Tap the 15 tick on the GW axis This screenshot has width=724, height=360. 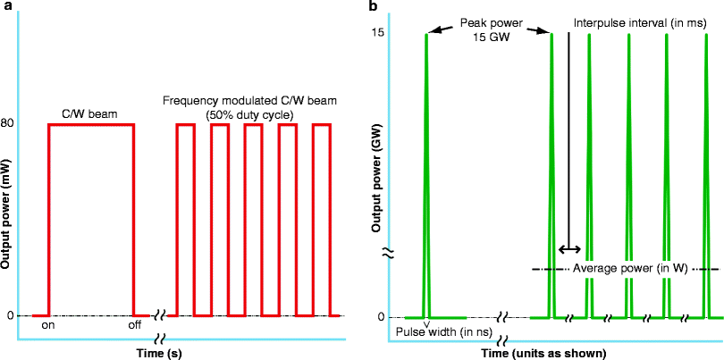pyautogui.click(x=379, y=33)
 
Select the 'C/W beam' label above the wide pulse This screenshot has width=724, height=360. pyautogui.click(x=90, y=114)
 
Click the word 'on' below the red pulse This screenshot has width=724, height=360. pyautogui.click(x=50, y=326)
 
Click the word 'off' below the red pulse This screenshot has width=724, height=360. pyautogui.click(x=134, y=326)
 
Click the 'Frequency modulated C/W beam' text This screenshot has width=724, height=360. pyautogui.click(x=254, y=101)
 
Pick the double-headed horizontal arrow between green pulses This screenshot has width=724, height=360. pyautogui.click(x=569, y=249)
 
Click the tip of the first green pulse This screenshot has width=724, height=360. pyautogui.click(x=426, y=34)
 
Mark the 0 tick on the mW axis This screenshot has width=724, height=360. pyautogui.click(x=9, y=315)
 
